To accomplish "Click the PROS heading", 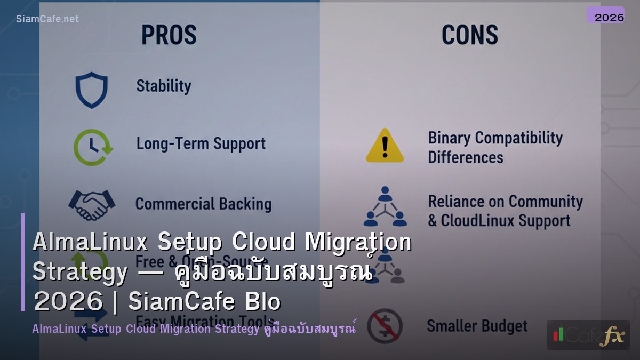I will (x=169, y=35).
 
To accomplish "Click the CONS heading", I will (x=469, y=35).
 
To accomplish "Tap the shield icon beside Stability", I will (x=91, y=90).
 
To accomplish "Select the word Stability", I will (x=163, y=86).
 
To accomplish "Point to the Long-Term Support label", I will (x=201, y=143).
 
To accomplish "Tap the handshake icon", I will (x=92, y=204).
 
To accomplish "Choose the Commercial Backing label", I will (x=203, y=204).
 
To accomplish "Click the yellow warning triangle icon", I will (x=385, y=146).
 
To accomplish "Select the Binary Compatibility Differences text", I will (x=495, y=147).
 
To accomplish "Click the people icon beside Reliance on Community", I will (x=385, y=206).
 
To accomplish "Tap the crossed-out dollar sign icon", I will (x=385, y=326).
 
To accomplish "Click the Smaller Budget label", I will (x=477, y=326).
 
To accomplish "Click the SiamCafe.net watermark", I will (x=47, y=19).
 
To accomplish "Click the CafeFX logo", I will (x=588, y=335).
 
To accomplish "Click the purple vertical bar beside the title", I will (x=23, y=262).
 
